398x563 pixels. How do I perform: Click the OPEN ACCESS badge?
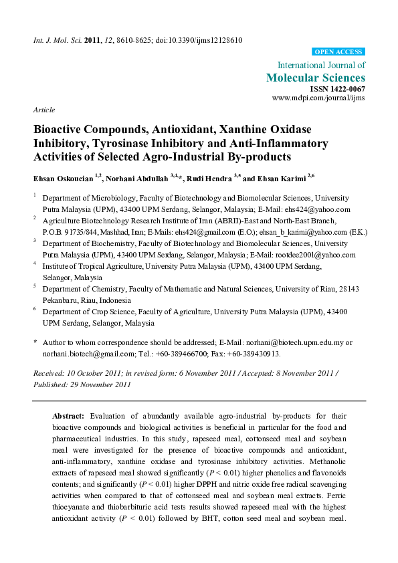point(339,51)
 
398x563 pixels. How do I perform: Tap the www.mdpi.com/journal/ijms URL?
point(319,98)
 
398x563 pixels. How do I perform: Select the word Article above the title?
point(43,110)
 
